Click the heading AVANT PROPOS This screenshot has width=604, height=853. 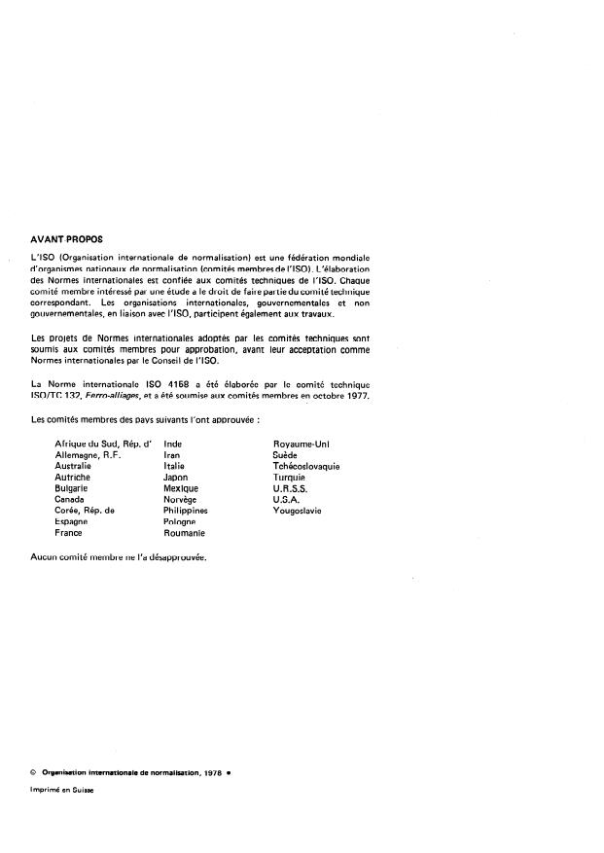[67, 238]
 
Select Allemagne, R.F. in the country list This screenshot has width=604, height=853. [89, 455]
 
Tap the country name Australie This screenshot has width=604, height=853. [73, 466]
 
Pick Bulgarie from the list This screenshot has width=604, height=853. [72, 488]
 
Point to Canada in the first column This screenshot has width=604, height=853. [70, 499]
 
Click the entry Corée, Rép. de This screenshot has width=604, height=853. [85, 511]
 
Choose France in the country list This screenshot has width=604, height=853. [68, 533]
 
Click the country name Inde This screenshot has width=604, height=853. [173, 444]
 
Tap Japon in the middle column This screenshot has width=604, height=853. [176, 478]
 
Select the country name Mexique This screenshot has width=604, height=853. [181, 488]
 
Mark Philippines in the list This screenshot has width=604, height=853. [186, 511]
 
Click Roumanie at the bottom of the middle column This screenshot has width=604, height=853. [185, 533]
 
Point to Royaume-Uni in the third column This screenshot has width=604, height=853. [302, 444]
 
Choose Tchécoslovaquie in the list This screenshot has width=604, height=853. [307, 466]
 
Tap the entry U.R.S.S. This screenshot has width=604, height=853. [292, 488]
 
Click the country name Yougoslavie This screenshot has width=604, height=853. [299, 511]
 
